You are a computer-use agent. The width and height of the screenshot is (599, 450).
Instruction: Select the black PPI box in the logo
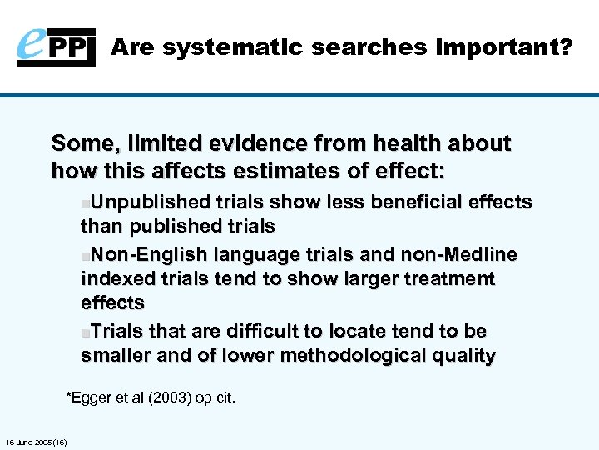click(x=77, y=47)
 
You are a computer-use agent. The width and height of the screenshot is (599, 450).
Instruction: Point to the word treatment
click(x=445, y=278)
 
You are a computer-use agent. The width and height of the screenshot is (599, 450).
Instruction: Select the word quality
click(x=463, y=357)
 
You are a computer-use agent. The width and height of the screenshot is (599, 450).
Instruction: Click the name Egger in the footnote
click(x=93, y=398)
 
